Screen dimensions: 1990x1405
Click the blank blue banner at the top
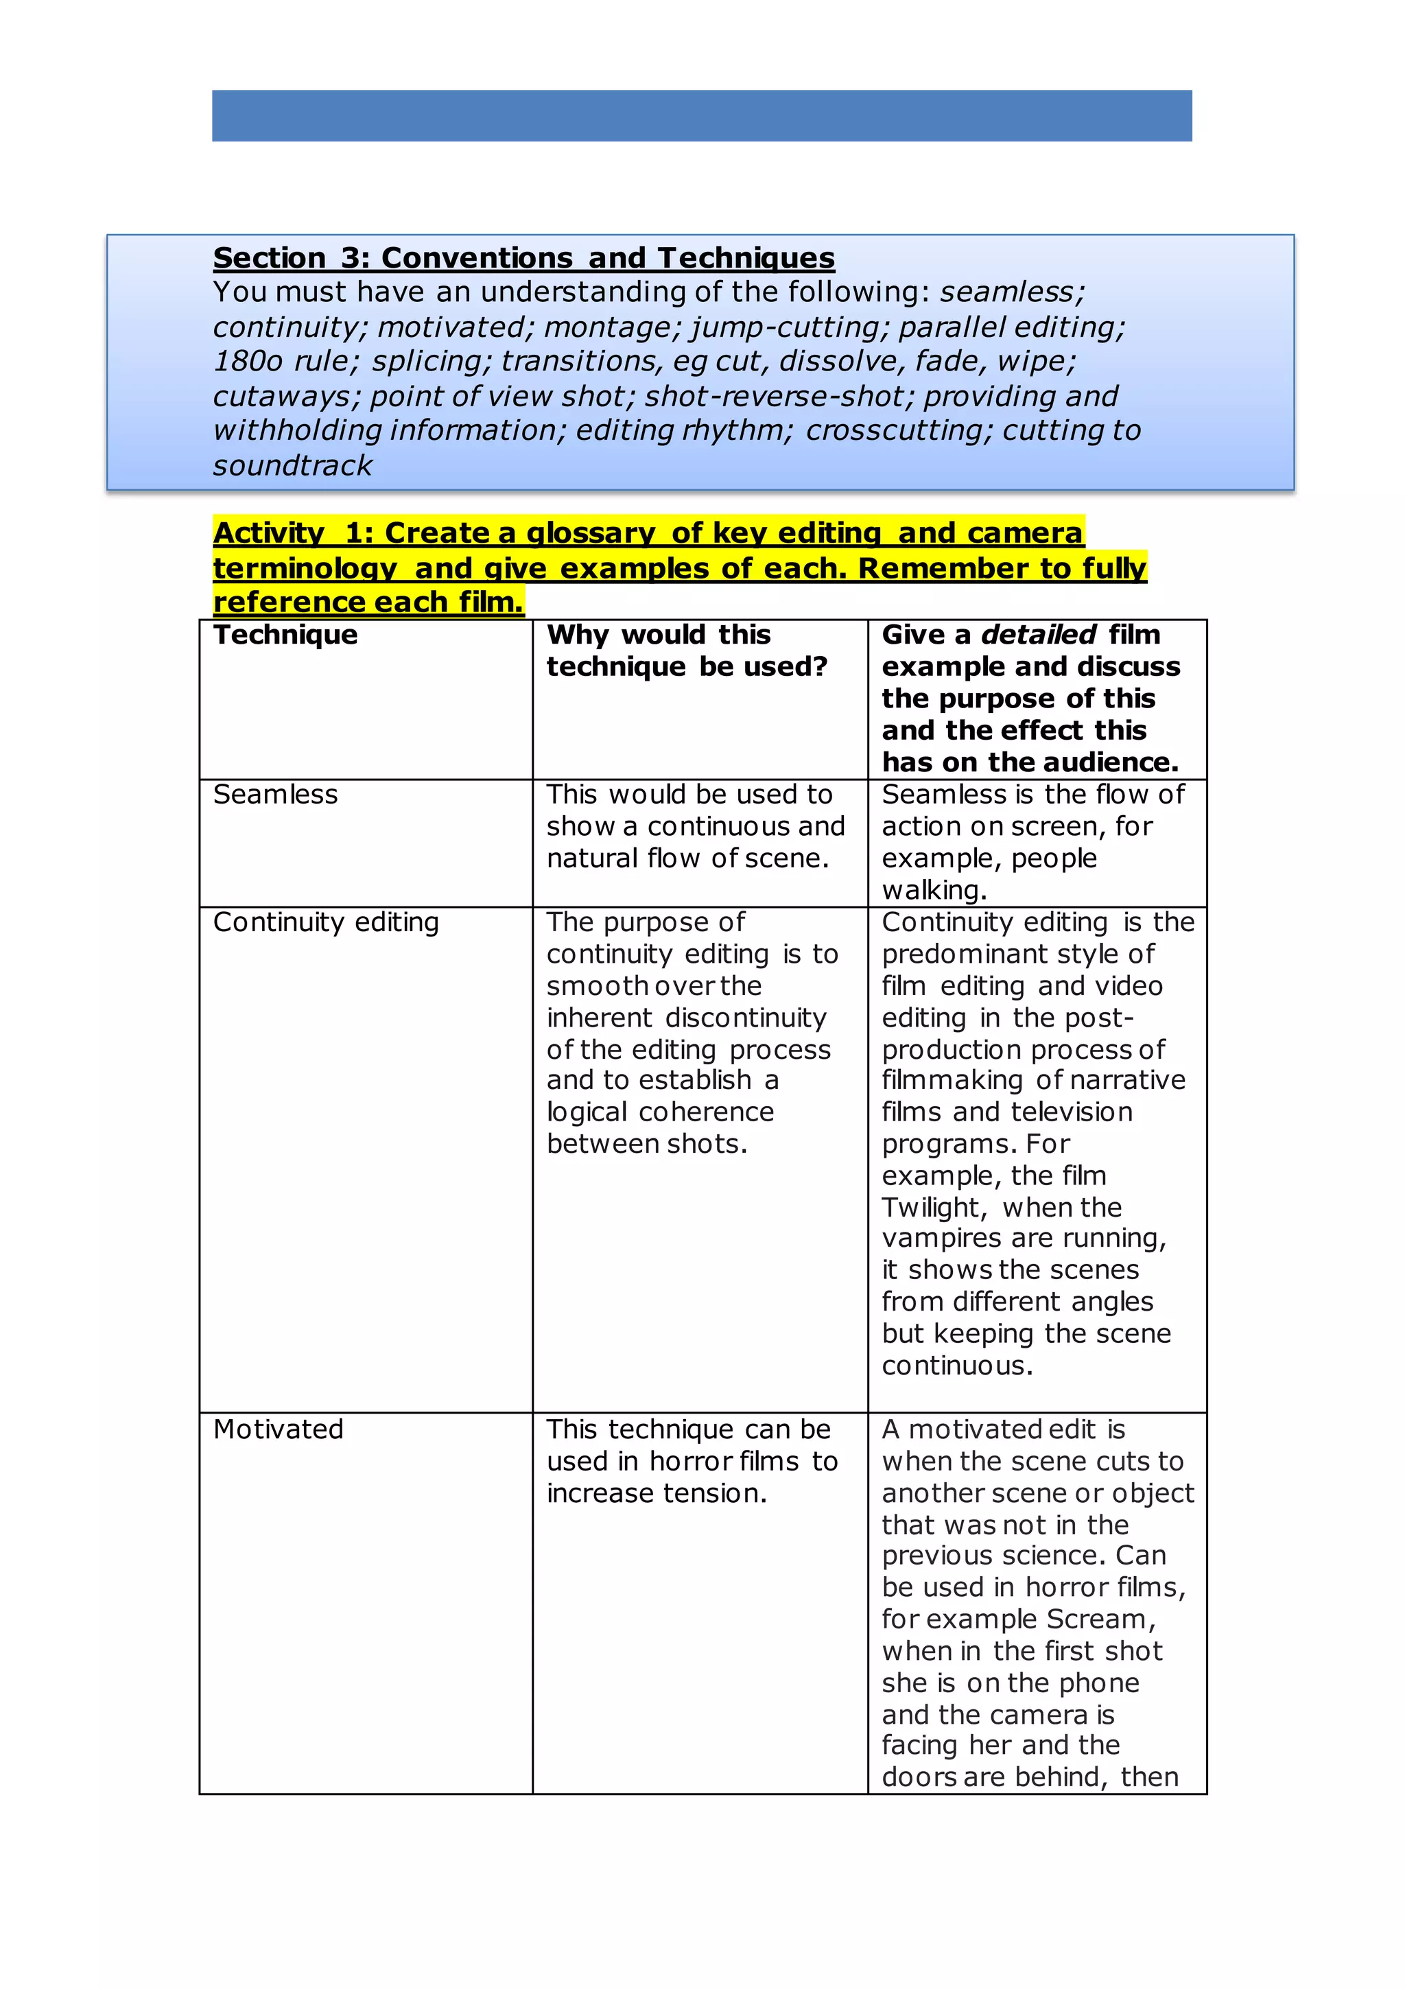[701, 115]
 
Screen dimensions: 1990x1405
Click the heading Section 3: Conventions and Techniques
[523, 257]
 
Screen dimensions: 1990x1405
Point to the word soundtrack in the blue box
[292, 465]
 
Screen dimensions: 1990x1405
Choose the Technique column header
[285, 635]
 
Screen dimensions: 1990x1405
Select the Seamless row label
[275, 794]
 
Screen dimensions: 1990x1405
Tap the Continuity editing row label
[326, 922]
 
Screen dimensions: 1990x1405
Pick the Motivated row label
[279, 1429]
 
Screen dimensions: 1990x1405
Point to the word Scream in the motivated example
[1096, 1619]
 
